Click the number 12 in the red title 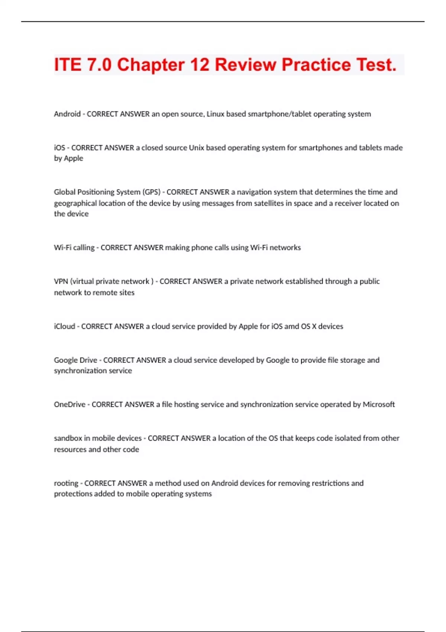[x=200, y=65]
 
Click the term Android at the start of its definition [x=67, y=114]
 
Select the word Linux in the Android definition [x=215, y=114]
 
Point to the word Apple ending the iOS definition [x=74, y=158]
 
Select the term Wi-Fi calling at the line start [x=74, y=248]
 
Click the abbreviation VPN [x=61, y=281]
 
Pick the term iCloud [x=64, y=326]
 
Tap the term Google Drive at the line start [x=75, y=360]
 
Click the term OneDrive [x=70, y=404]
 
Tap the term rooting [x=66, y=483]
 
